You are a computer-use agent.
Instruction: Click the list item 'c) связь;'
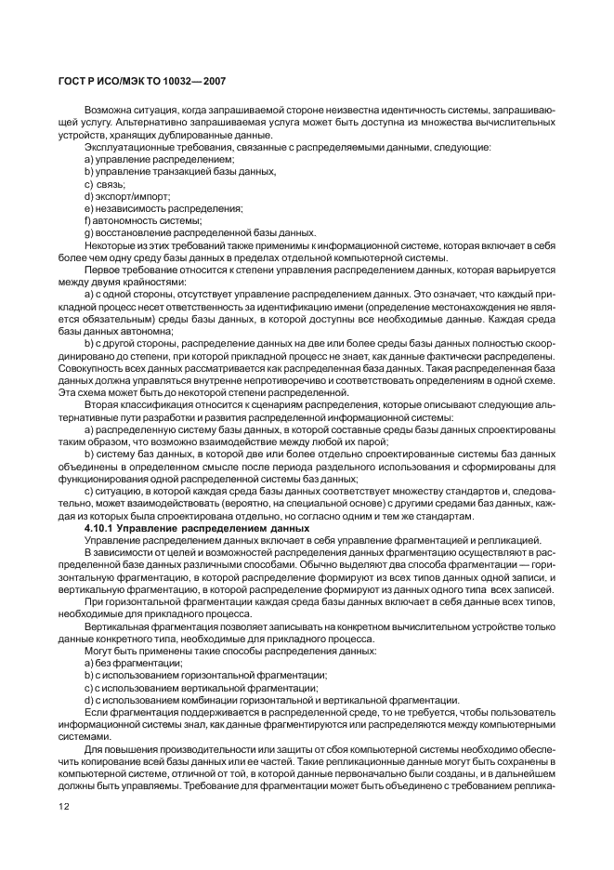104,184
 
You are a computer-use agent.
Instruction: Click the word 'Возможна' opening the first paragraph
109,111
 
